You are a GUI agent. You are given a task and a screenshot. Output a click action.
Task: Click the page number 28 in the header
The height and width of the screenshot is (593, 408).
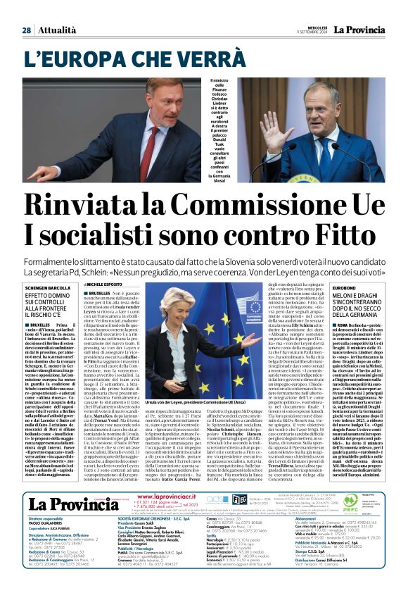coord(26,30)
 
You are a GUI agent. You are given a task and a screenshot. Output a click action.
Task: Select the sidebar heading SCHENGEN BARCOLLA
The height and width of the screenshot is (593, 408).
coord(50,287)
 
